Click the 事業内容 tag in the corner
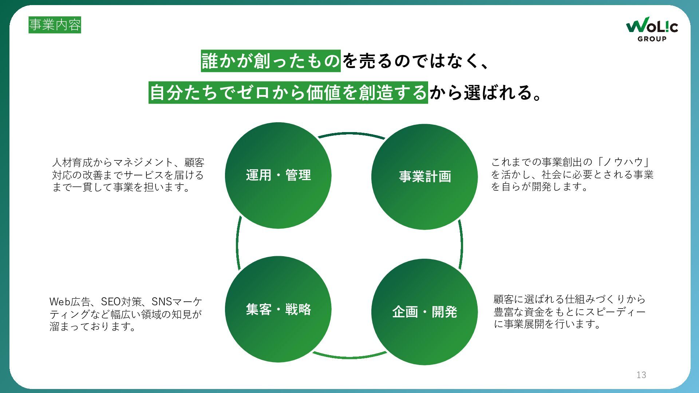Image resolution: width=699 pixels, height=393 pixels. coord(55,25)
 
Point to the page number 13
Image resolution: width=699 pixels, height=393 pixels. coord(641,375)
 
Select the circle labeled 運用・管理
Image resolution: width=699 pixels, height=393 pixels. coord(278,175)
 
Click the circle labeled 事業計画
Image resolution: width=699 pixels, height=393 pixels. coord(424,177)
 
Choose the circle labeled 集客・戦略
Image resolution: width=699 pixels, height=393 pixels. coord(278,309)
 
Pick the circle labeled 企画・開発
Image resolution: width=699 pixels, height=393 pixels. coord(424,312)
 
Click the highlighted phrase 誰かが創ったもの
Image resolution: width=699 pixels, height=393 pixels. coord(271,61)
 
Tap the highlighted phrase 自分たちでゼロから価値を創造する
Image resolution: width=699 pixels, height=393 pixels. coord(288,92)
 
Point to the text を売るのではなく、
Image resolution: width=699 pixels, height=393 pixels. coord(415,61)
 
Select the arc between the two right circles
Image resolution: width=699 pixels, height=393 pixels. coord(461,244)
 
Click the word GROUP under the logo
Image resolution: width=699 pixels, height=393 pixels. coord(652,39)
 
